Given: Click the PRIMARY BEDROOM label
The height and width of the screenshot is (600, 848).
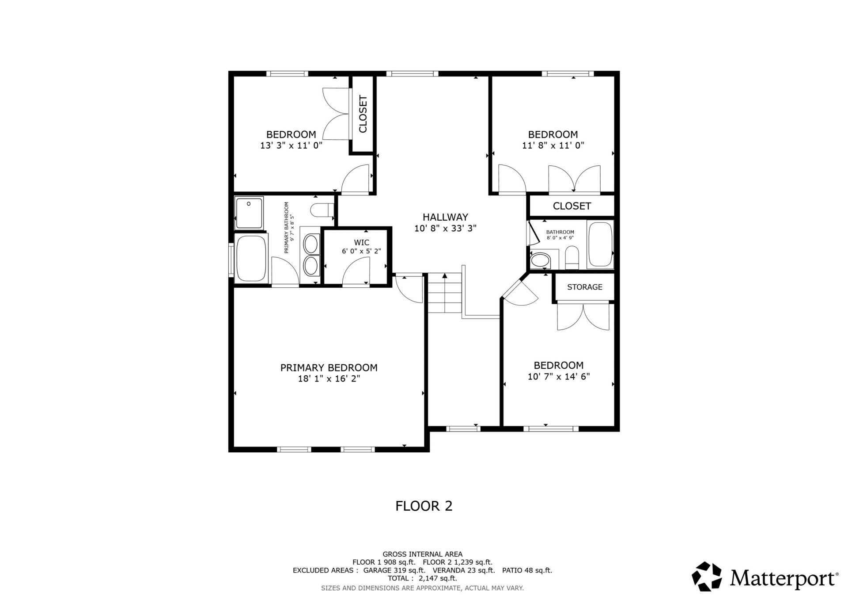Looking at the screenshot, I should click(x=329, y=368).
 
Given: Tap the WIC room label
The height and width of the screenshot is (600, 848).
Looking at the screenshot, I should click(x=361, y=242).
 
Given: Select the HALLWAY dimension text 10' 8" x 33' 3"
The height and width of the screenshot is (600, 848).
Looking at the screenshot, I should click(x=445, y=229).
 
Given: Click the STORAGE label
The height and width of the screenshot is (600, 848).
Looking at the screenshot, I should click(x=584, y=287).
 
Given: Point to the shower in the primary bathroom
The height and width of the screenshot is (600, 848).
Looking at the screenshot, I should click(x=249, y=213).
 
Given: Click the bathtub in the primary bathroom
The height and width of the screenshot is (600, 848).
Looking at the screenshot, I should click(x=251, y=259).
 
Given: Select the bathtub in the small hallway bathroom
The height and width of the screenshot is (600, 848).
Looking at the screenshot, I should click(x=600, y=245).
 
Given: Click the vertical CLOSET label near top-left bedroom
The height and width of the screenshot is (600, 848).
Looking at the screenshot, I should click(x=363, y=114).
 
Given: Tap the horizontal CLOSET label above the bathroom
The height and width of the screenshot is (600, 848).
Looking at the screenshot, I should click(x=572, y=206).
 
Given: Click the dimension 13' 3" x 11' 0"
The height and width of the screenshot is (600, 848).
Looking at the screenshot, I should click(x=291, y=145).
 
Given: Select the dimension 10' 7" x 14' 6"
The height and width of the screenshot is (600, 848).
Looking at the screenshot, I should click(x=559, y=377).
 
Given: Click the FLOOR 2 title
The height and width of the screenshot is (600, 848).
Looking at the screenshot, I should click(x=424, y=506).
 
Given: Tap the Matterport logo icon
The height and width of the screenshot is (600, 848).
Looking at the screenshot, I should click(x=706, y=576).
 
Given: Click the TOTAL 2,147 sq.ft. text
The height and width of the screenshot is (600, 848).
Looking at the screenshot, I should click(x=422, y=578).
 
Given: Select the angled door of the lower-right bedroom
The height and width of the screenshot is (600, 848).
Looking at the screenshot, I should click(x=520, y=293).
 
